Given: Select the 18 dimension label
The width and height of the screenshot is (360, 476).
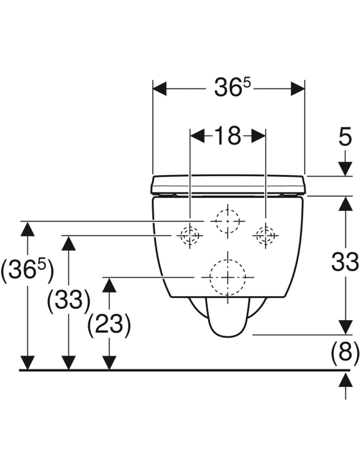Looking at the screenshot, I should click(x=228, y=136).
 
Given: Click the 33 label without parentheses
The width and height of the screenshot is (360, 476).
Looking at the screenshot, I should click(x=345, y=262).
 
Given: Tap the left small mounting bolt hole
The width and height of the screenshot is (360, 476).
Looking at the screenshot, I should click(x=190, y=235).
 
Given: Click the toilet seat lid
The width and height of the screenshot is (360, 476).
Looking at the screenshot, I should click(x=229, y=185).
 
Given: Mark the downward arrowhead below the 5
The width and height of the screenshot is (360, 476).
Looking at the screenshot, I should click(x=345, y=168).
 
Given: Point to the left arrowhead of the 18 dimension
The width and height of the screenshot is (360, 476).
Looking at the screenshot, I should click(x=197, y=136).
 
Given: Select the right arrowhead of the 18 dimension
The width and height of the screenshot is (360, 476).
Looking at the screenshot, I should click(x=258, y=136).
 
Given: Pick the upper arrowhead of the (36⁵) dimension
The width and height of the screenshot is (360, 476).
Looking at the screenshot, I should click(x=28, y=229).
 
